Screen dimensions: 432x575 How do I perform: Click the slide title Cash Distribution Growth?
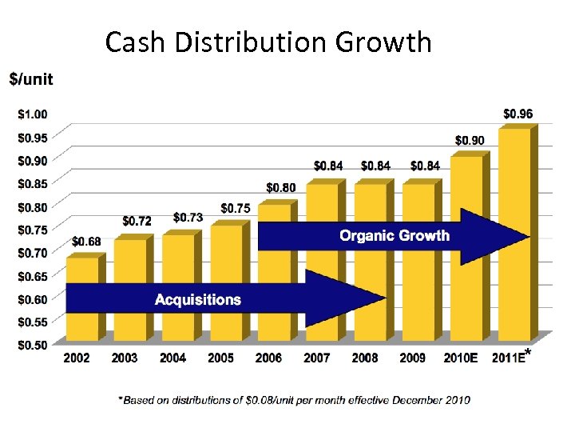click(x=268, y=42)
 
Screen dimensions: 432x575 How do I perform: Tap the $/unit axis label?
click(x=31, y=78)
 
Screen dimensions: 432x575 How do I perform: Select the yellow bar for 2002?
click(x=81, y=272)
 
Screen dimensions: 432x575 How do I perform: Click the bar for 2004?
click(x=177, y=256)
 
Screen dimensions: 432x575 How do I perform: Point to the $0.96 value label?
click(x=517, y=114)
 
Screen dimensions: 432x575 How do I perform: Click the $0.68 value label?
click(x=86, y=241)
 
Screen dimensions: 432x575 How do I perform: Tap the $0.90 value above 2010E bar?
click(x=470, y=141)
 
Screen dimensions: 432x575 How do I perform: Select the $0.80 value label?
click(x=280, y=188)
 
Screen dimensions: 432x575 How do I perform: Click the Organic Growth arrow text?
click(x=395, y=236)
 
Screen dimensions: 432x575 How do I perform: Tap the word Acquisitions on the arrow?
click(x=197, y=300)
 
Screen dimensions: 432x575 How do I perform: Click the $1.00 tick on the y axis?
click(x=32, y=114)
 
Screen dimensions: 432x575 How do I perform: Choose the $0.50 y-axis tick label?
click(x=32, y=345)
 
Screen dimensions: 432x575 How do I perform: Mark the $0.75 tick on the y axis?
click(x=32, y=230)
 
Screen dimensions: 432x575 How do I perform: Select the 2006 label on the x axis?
click(x=268, y=358)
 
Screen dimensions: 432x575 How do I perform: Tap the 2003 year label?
click(x=125, y=358)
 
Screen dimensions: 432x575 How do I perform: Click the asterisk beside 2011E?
click(x=529, y=361)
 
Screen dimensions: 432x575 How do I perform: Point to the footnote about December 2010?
click(x=294, y=399)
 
